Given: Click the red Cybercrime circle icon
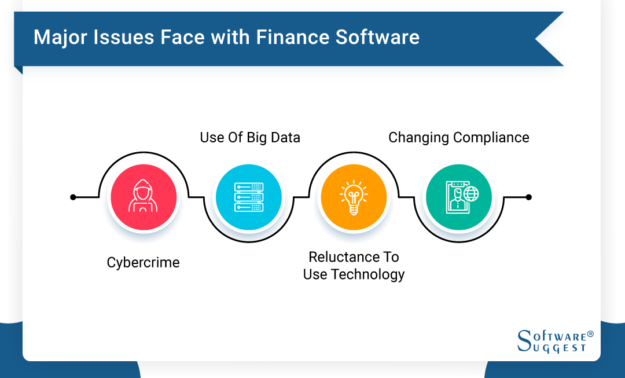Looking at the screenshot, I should coord(144,197).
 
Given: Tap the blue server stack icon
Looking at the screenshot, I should coord(249,197).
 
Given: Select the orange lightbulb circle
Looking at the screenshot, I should coord(354,197).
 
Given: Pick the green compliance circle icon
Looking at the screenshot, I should coord(459,197).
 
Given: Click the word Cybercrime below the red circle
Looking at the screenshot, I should coord(143,262).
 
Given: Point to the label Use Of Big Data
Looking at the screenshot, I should coord(250,137).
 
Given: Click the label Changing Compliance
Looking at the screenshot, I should coord(458,138).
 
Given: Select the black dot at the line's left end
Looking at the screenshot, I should coord(73,197).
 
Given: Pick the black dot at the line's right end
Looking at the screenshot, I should coord(528,197).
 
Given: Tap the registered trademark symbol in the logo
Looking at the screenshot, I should coord(590,334).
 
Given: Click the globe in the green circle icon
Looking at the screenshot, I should coord(471,193).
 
